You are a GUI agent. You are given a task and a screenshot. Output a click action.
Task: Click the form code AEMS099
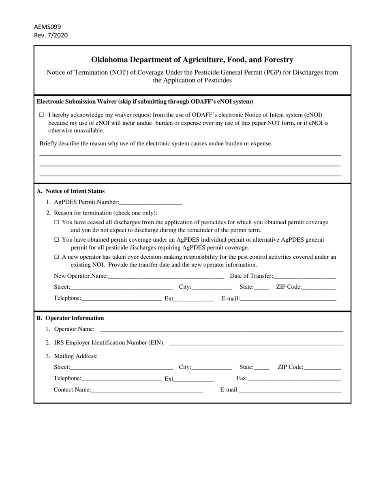pyautogui.click(x=47, y=27)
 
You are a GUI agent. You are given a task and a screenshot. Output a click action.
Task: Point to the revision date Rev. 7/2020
pyautogui.click(x=51, y=35)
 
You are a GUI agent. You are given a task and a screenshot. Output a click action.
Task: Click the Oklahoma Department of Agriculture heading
pyautogui.click(x=192, y=60)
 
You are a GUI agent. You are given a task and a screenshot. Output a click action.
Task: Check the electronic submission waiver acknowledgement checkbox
pyautogui.click(x=42, y=115)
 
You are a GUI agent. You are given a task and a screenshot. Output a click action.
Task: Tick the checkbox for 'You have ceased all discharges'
pyautogui.click(x=57, y=222)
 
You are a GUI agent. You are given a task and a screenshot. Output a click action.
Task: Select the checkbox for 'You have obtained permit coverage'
pyautogui.click(x=57, y=240)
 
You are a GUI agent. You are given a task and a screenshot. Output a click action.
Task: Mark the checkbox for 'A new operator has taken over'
pyautogui.click(x=57, y=257)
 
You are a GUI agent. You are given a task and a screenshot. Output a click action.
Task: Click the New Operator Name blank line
pyautogui.click(x=166, y=276)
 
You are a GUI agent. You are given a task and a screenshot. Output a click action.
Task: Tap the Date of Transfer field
pyautogui.click(x=304, y=276)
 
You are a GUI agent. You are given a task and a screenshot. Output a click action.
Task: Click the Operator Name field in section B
pyautogui.click(x=221, y=329)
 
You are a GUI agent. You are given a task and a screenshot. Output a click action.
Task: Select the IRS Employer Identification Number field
pyautogui.click(x=256, y=343)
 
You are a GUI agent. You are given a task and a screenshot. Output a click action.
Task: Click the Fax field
pyautogui.click(x=294, y=379)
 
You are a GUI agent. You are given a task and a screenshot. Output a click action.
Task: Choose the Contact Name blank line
pyautogui.click(x=147, y=390)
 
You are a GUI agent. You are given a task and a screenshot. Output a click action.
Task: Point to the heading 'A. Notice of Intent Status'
pyautogui.click(x=71, y=191)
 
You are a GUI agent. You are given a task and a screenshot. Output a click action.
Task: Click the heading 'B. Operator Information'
pyautogui.click(x=70, y=318)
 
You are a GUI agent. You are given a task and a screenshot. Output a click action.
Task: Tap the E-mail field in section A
pyautogui.click(x=288, y=299)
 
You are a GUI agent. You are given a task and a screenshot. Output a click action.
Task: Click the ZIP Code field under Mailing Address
pyautogui.click(x=322, y=368)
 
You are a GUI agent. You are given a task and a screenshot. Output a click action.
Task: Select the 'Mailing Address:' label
pyautogui.click(x=76, y=356)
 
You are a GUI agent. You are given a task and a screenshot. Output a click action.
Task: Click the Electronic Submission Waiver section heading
pyautogui.click(x=145, y=102)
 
